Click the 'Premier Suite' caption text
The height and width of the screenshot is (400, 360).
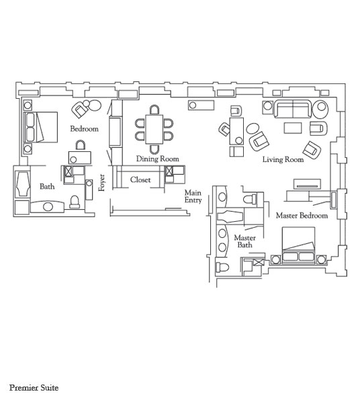coord(34,388)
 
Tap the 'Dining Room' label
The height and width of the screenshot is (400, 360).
coord(157,159)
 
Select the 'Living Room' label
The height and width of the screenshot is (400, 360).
coord(283,159)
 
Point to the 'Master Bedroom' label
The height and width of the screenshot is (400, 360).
coord(302,216)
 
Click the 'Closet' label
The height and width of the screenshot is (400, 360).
coord(140,179)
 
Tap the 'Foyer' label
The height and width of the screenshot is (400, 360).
coord(101,183)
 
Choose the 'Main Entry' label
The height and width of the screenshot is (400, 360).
coord(193,196)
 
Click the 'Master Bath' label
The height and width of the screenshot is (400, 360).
coord(244,241)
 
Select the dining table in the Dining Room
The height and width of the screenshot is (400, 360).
coord(154,129)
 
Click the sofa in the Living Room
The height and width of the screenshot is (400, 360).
coord(293,109)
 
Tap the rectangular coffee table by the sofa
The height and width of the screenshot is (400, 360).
coord(293,128)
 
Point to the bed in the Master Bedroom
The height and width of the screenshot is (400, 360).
coord(299,245)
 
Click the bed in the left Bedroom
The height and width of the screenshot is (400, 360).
coord(41,127)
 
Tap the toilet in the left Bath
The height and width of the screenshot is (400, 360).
coord(75,202)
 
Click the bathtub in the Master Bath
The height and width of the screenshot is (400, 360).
coord(230,216)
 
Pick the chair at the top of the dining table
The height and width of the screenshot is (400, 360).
coord(154,110)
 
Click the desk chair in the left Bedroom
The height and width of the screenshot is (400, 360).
coord(81,145)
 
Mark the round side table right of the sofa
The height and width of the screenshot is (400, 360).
coord(321,109)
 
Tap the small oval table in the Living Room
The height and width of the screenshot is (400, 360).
coord(253,128)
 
